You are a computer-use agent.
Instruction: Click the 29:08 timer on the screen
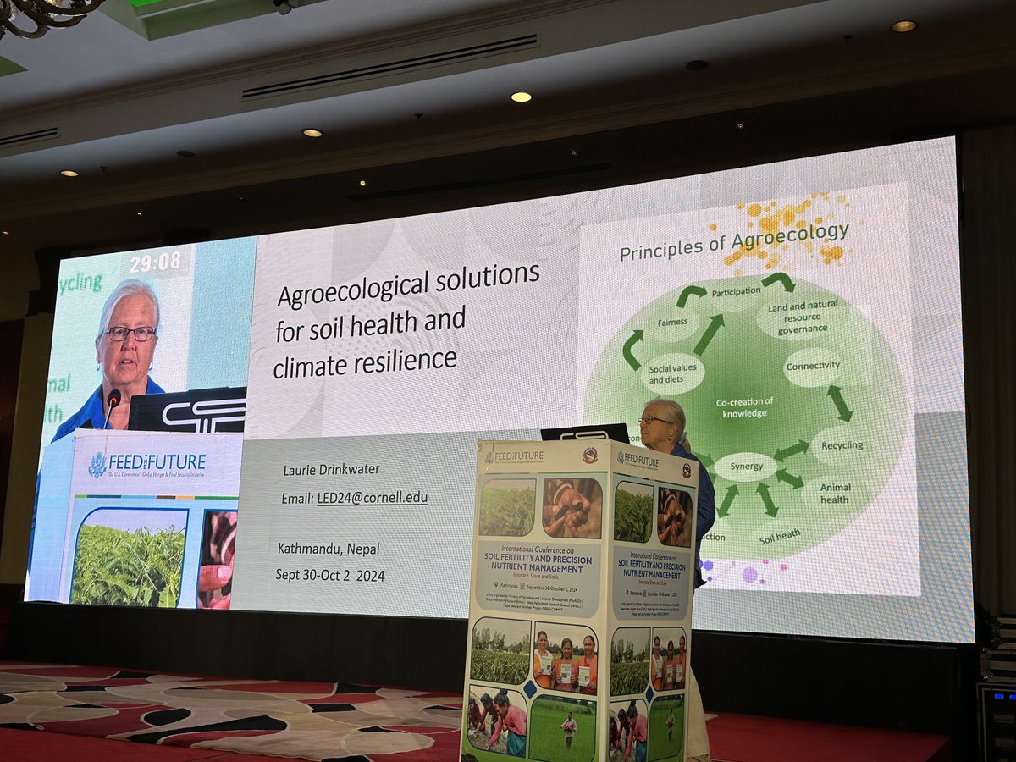[155, 262]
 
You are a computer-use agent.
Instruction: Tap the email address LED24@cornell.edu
[372, 498]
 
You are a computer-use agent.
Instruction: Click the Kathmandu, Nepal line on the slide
[329, 548]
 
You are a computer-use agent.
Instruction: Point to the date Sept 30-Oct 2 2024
[329, 575]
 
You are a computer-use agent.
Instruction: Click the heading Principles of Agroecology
[733, 240]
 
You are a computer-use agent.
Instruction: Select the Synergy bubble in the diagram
[745, 467]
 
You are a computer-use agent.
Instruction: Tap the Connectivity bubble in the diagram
[812, 367]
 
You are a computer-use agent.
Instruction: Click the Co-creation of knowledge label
[744, 407]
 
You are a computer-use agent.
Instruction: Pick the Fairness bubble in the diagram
[673, 323]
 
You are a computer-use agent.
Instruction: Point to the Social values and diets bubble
[672, 374]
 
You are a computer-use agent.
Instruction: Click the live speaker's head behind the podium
[665, 420]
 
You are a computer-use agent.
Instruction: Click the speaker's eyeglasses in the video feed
[130, 333]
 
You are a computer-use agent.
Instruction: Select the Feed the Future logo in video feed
[148, 463]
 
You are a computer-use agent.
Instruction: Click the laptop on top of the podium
[585, 433]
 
